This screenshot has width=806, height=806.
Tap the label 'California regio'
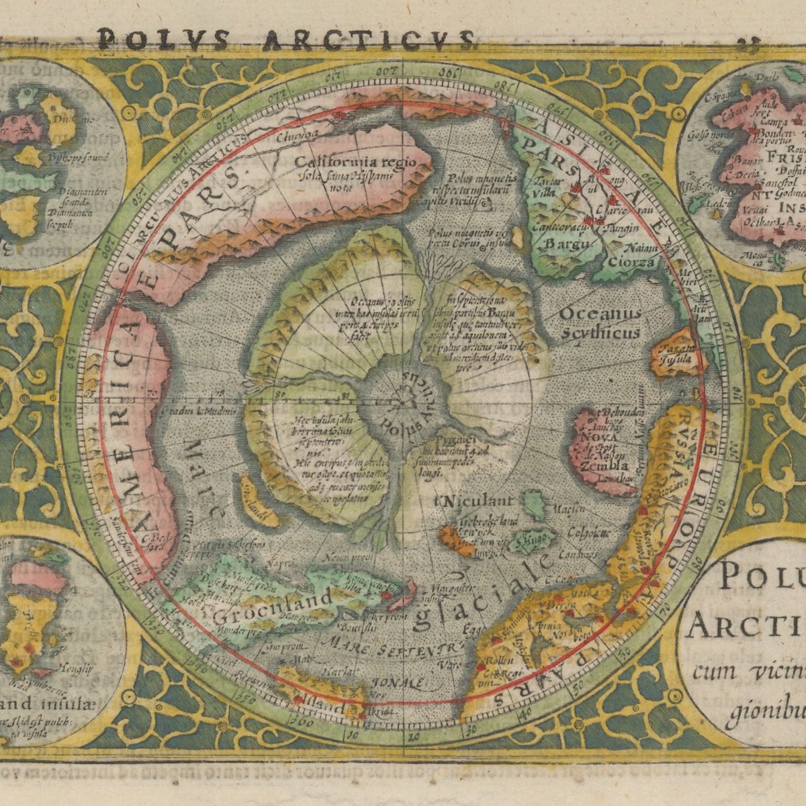(356, 163)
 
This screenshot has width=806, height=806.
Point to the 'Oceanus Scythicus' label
(599, 322)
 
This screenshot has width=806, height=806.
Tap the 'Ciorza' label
(631, 262)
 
